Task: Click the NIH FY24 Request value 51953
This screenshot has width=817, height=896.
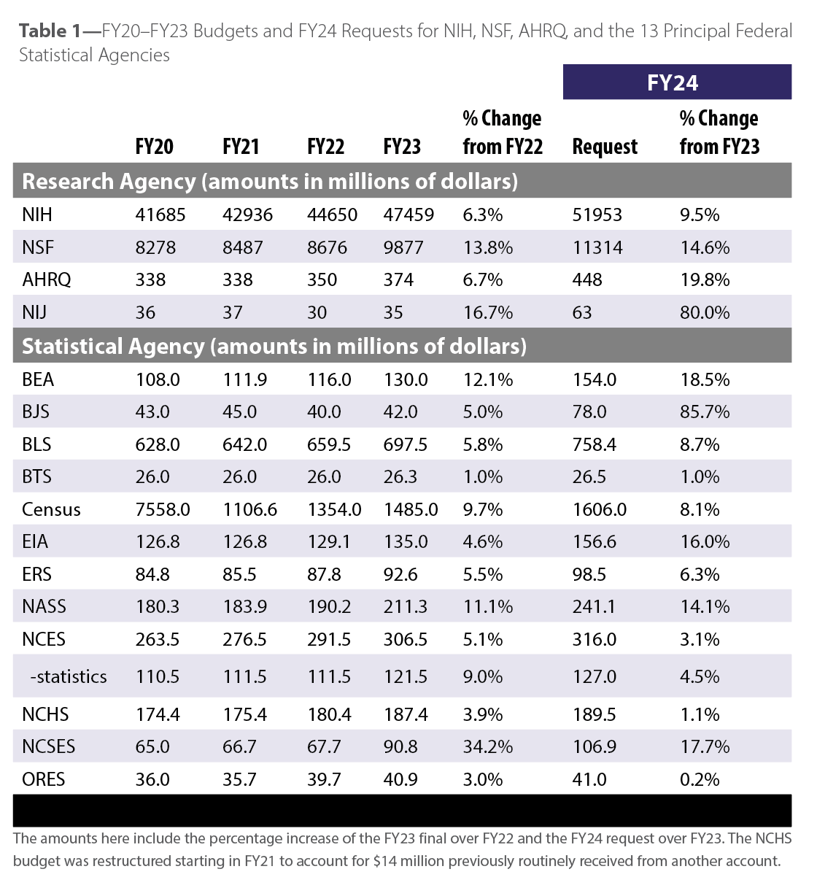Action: tap(597, 215)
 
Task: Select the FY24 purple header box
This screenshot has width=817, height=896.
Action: tap(676, 82)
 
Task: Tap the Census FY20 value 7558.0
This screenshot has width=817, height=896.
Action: tap(163, 509)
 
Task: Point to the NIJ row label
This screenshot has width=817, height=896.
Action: tap(34, 312)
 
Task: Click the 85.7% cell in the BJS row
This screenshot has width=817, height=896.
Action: tap(705, 412)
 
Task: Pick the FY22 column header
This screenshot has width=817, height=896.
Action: tap(325, 147)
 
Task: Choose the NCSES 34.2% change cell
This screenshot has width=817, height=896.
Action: tap(487, 746)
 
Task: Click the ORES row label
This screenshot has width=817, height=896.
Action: tap(43, 779)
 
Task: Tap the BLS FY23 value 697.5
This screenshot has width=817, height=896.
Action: tap(406, 444)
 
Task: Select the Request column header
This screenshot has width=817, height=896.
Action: tap(605, 147)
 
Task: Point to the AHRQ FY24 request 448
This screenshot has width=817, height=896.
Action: tap(587, 279)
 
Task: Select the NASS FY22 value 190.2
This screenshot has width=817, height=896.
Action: tap(329, 606)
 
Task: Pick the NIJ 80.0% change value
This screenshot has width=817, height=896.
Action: tap(705, 312)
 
